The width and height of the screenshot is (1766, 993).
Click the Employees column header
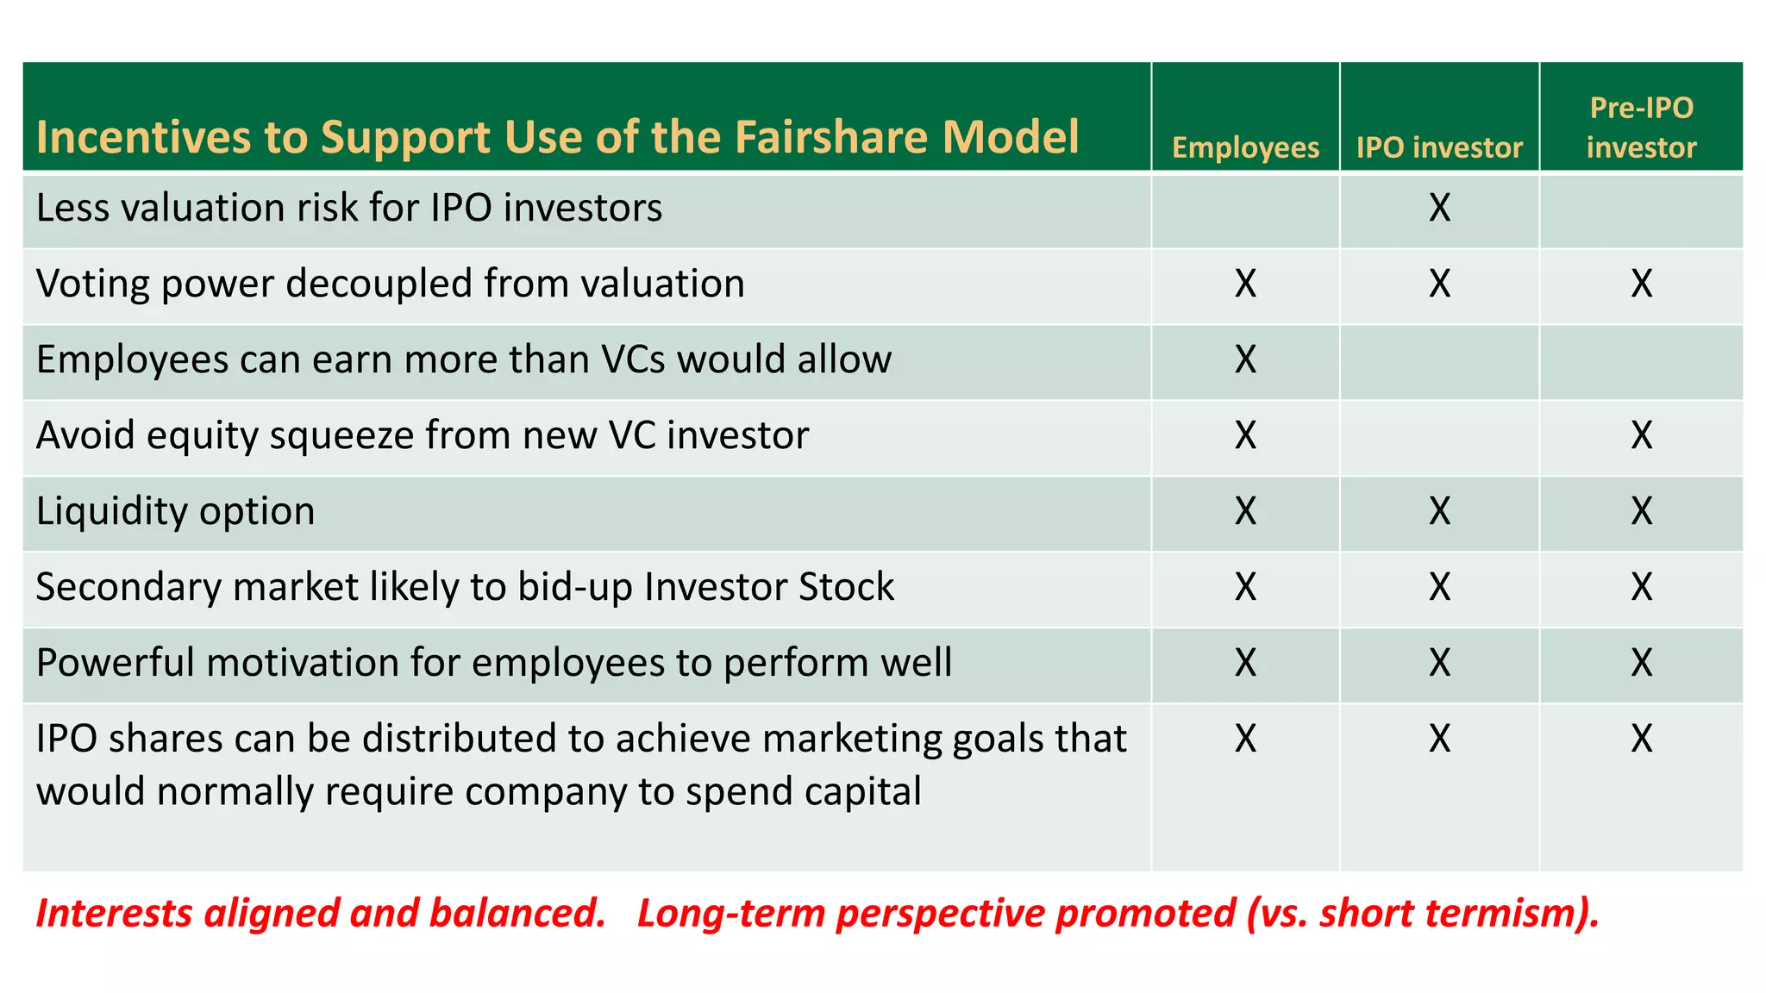(1245, 147)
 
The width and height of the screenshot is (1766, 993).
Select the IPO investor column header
(1439, 147)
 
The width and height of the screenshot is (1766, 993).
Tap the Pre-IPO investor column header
(1641, 128)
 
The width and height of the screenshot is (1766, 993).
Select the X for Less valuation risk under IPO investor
(1439, 208)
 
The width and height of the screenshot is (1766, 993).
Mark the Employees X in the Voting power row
(1245, 284)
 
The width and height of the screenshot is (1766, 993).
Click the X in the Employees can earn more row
(1245, 359)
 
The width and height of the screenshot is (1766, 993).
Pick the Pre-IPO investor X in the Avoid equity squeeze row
(1641, 435)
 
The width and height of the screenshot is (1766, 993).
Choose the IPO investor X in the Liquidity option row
(1439, 511)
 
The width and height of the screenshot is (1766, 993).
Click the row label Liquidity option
(175, 511)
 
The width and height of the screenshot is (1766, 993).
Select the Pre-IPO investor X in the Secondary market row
(1641, 587)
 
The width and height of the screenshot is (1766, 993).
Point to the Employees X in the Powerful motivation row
(1245, 663)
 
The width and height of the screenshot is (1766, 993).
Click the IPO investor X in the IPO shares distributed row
(1439, 739)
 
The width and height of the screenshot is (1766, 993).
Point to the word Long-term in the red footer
(731, 914)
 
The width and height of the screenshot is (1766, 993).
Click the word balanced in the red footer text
(517, 914)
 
